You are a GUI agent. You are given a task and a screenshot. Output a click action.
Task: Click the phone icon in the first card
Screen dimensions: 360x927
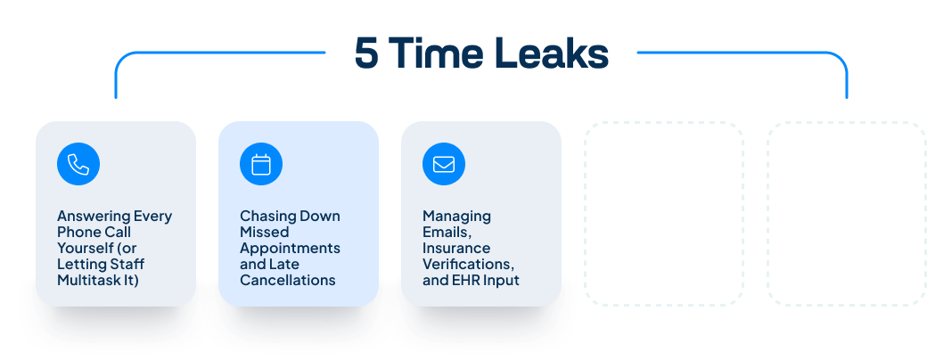tap(78, 164)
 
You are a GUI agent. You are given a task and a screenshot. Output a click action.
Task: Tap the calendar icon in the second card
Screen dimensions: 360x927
tap(261, 164)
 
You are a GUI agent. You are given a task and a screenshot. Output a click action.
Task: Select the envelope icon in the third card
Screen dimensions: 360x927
tap(444, 164)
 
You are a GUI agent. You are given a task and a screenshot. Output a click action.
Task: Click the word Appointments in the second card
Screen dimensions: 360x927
tap(291, 249)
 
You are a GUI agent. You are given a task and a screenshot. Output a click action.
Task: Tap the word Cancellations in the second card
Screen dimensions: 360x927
tap(288, 281)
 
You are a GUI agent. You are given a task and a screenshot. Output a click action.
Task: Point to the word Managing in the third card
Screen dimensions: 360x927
tap(457, 217)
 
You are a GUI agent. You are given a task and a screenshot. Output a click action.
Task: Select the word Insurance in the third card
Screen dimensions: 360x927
tap(456, 249)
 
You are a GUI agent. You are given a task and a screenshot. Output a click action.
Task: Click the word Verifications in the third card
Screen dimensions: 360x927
tap(469, 265)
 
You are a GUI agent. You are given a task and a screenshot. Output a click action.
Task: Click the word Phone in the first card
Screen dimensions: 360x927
tap(78, 233)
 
